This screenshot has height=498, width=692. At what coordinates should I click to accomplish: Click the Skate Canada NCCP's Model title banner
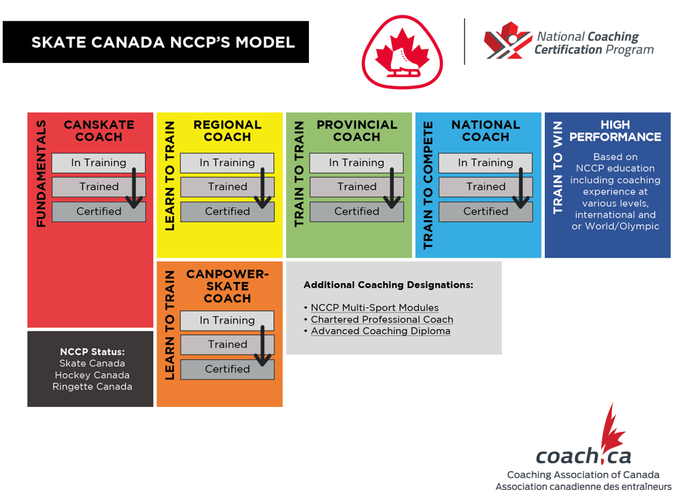tap(156, 42)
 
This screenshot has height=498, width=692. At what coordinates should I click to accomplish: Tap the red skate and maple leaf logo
tap(402, 52)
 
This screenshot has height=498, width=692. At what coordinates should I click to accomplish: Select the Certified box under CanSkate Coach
tap(98, 212)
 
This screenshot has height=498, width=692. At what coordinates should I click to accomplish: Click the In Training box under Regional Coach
tap(227, 163)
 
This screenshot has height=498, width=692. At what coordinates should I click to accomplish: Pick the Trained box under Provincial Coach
tap(356, 187)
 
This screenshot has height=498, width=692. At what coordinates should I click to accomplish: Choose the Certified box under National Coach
tap(485, 212)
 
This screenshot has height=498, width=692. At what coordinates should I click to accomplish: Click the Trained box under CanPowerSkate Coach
tap(227, 345)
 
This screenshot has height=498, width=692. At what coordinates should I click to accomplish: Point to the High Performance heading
tap(614, 131)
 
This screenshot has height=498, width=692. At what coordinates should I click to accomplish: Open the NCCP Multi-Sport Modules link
tap(374, 308)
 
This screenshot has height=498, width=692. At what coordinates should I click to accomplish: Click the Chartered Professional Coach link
tap(382, 319)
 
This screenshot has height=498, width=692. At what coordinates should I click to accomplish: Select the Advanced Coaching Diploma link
tap(380, 331)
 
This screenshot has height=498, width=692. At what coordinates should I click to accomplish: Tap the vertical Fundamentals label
tap(41, 173)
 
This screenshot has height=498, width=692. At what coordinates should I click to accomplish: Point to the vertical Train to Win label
tap(558, 167)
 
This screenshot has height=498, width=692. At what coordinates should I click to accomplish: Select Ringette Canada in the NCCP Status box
tap(92, 386)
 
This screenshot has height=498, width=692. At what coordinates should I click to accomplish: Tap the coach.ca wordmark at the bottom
tap(582, 456)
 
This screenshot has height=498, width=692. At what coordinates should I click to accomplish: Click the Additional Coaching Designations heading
tap(388, 285)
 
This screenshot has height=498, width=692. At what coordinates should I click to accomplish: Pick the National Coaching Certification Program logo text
tap(594, 43)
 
